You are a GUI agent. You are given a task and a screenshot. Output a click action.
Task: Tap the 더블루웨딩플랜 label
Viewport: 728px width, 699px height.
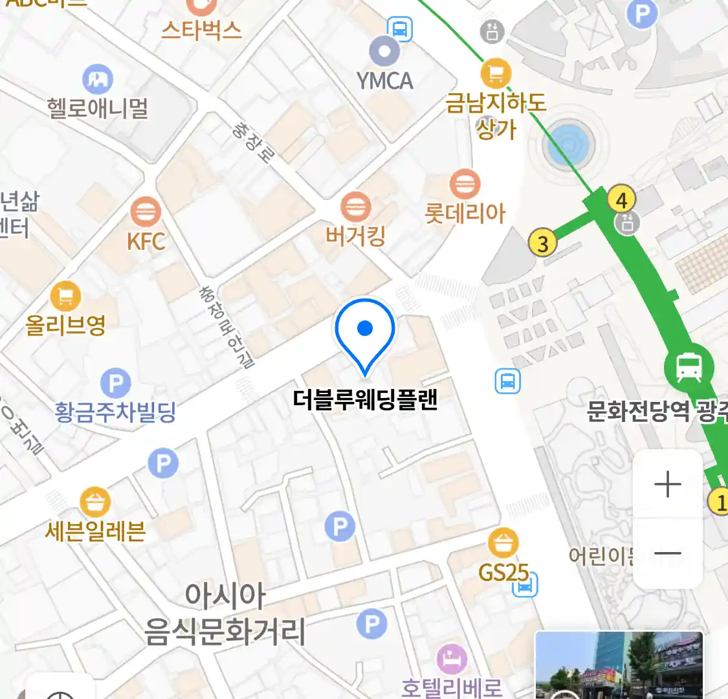365,399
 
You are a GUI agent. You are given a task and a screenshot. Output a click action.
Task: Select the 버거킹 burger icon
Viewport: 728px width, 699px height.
355,207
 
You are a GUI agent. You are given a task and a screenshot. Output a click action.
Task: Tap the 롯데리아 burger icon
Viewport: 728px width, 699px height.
464,184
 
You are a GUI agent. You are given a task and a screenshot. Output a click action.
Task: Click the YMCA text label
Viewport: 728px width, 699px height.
384,81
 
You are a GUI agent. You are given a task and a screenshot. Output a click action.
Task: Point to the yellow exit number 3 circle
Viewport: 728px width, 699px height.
542,243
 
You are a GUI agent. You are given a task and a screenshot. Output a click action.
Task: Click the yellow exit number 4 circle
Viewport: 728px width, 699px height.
621,200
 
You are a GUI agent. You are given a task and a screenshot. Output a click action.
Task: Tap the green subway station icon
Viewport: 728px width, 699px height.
689,367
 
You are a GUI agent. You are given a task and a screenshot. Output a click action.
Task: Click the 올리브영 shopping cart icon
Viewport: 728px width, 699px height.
65,297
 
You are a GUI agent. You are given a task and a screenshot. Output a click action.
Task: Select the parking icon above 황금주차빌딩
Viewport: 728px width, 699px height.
116,384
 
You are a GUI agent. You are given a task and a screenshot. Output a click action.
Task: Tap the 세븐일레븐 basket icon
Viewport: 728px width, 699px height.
94,502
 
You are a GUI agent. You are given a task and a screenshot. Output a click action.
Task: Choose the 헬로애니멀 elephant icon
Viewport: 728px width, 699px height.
98,80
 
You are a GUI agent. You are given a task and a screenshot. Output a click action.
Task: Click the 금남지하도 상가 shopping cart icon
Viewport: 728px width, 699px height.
496,74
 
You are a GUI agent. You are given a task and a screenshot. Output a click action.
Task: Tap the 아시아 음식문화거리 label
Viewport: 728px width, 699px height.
225,614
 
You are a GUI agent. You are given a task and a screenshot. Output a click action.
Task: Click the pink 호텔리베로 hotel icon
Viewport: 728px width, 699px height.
451,659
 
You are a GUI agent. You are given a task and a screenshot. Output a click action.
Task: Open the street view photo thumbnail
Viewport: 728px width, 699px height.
619,665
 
